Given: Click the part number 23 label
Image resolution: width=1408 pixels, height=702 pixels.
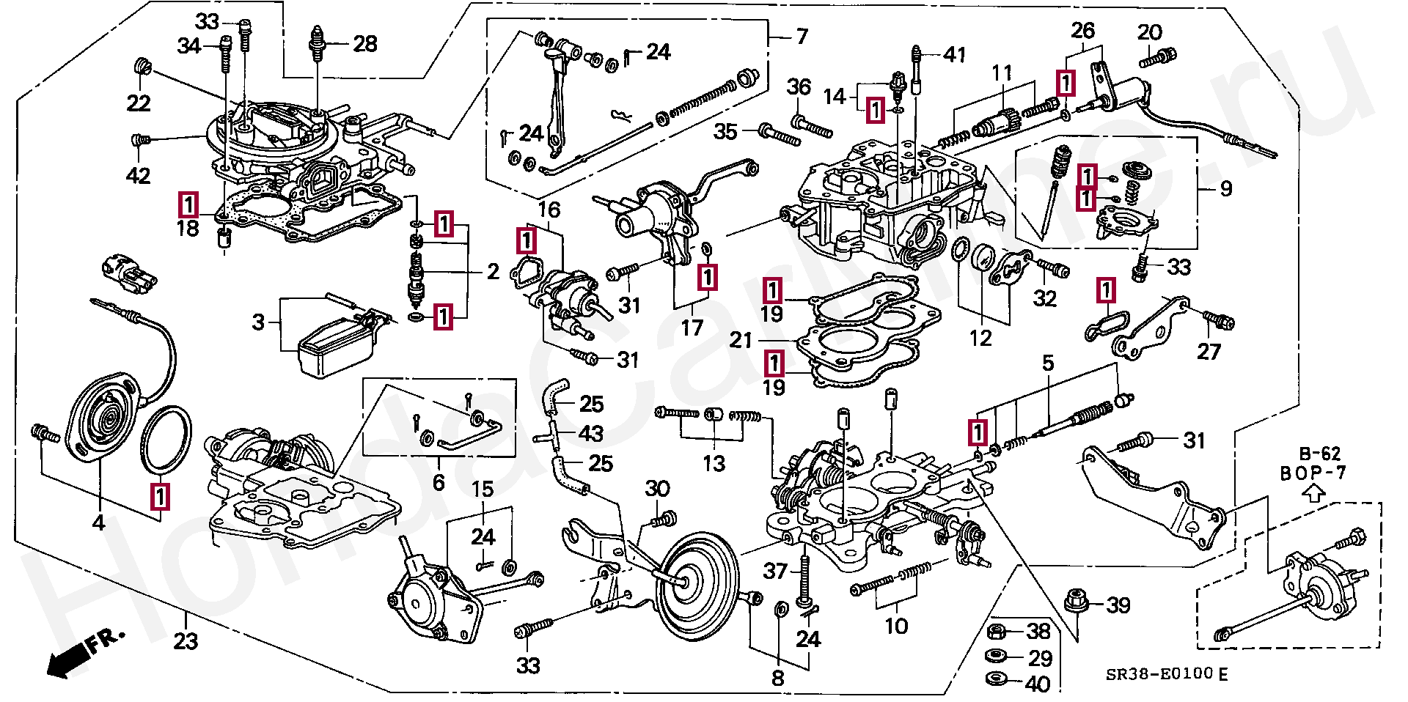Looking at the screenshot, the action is (186, 641).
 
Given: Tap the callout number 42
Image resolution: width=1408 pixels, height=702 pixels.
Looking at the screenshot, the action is (139, 176).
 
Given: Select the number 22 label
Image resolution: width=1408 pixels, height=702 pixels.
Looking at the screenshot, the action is (139, 103).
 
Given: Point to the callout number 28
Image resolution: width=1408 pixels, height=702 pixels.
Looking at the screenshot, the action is (365, 44).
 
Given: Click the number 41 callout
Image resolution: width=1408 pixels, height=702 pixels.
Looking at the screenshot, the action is (955, 54).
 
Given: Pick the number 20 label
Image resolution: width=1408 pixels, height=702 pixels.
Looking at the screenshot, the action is (1150, 32).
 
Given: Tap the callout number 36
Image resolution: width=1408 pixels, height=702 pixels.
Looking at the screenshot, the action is (799, 86).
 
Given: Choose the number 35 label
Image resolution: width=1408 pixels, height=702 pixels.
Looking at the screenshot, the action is (726, 131).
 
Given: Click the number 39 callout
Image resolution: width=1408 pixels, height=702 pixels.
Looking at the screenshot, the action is (1118, 605).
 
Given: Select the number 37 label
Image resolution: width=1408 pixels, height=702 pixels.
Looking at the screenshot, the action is (775, 571).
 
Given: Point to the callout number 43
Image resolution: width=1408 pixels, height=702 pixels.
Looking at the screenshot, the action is (591, 434).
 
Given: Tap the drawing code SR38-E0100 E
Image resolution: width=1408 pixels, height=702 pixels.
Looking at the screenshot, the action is (1167, 674).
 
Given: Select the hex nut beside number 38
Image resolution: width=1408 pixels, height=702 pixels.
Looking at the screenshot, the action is (997, 631).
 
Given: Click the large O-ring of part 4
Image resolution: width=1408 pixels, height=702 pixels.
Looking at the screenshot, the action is (166, 440).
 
